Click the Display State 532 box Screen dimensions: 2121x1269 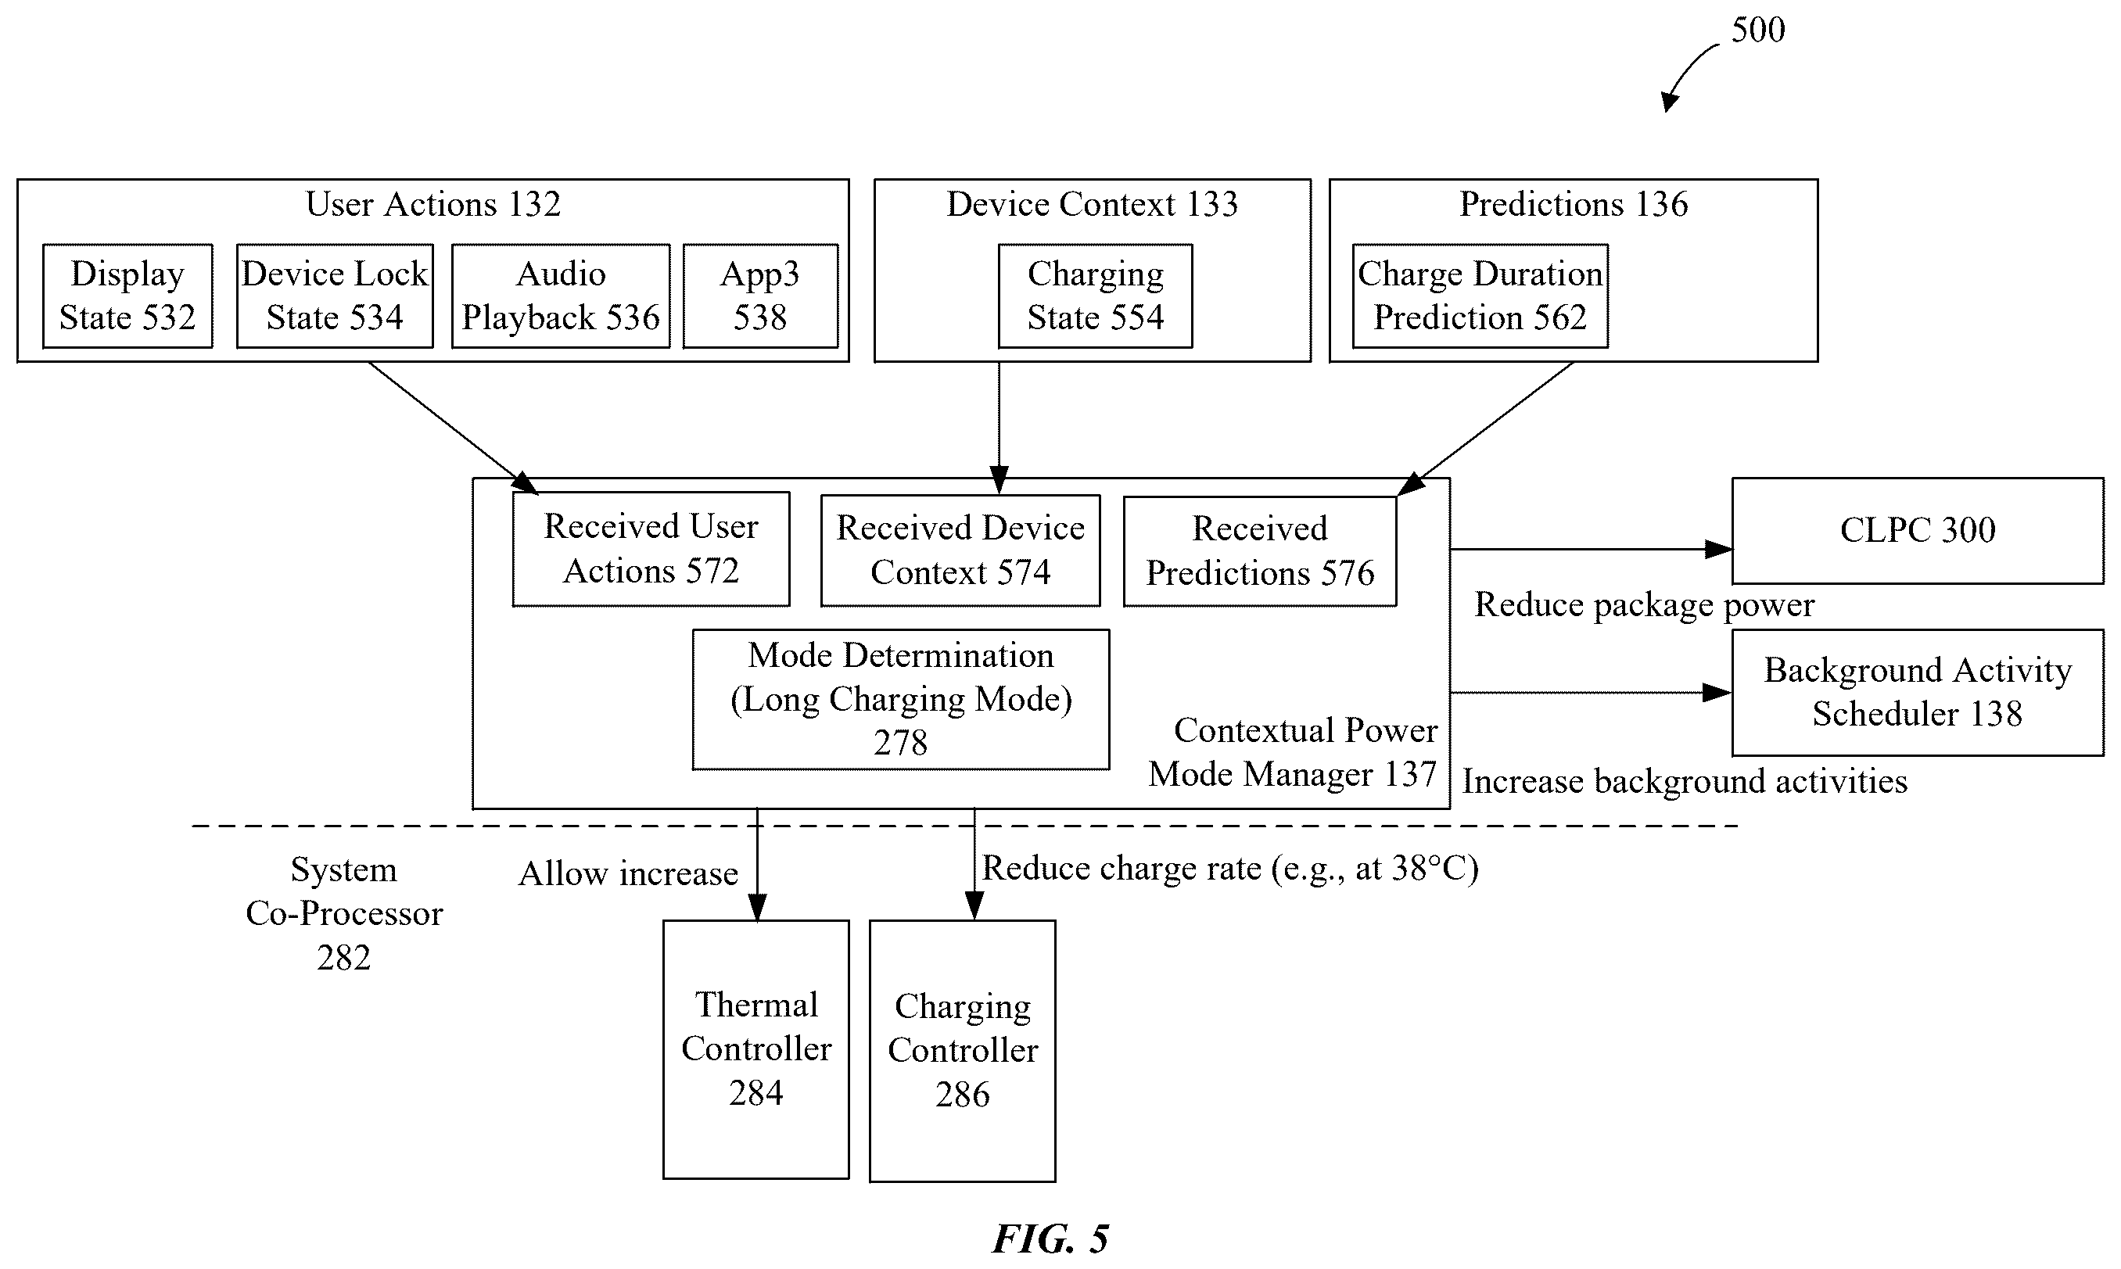click(127, 296)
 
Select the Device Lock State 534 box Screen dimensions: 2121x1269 click(335, 296)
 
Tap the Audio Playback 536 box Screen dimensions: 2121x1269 click(561, 296)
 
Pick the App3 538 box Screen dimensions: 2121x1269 click(760, 296)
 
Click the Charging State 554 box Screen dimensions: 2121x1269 click(1096, 296)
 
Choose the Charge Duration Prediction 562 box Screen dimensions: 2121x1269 click(1480, 296)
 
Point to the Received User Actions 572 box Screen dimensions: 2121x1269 click(651, 549)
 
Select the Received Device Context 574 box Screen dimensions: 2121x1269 click(960, 550)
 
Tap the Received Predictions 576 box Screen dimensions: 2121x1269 click(1260, 551)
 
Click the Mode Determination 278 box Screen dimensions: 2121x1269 click(901, 700)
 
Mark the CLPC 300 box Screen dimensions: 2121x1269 click(1918, 531)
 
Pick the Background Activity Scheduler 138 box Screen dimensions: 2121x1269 click(1918, 693)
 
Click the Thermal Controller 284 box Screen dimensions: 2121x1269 click(756, 1049)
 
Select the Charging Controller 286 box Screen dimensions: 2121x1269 click(962, 1051)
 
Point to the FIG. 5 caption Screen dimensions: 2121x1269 click(1051, 1239)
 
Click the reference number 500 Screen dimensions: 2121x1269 click(1758, 30)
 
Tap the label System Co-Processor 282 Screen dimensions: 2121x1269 click(344, 913)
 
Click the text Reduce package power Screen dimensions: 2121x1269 click(1644, 604)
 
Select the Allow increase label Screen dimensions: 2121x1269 click(629, 873)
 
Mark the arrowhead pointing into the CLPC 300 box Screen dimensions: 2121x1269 click(1719, 549)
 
